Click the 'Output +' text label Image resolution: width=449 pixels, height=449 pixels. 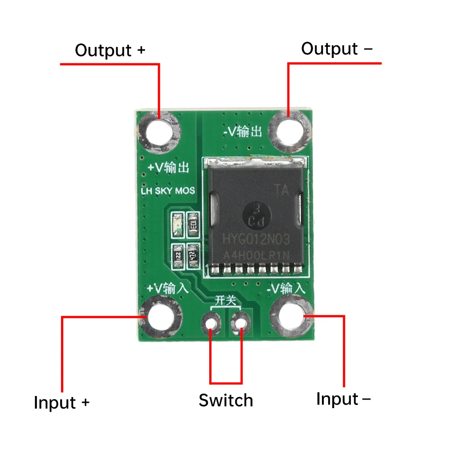pyautogui.click(x=110, y=50)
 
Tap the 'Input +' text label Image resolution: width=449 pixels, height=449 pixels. pyautogui.click(x=62, y=402)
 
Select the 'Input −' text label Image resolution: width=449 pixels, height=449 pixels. pyautogui.click(x=343, y=399)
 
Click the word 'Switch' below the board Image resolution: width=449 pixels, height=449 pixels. pyautogui.click(x=226, y=400)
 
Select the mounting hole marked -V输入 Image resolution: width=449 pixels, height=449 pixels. pyautogui.click(x=292, y=317)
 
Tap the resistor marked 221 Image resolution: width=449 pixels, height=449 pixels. pyautogui.click(x=178, y=256)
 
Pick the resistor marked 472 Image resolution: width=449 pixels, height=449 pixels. pyautogui.click(x=194, y=256)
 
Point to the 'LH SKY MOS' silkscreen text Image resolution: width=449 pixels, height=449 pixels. pyautogui.click(x=168, y=191)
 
